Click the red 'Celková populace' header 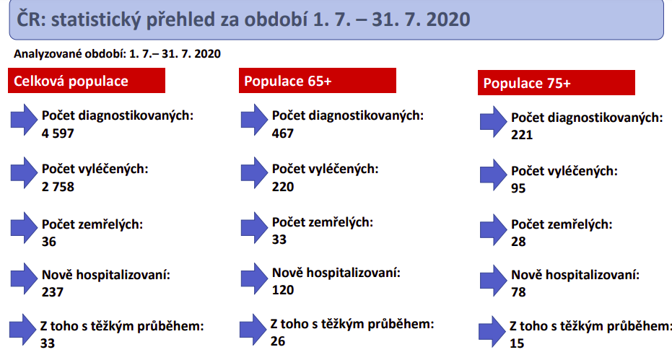[86, 81]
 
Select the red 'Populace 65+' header [317, 81]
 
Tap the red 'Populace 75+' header [557, 83]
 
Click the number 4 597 [58, 133]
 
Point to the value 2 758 [58, 187]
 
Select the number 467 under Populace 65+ [283, 133]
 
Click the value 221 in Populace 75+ [522, 135]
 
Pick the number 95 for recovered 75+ [518, 188]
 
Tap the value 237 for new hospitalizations [52, 292]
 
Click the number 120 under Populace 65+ [283, 290]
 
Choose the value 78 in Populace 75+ [518, 292]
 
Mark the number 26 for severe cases [278, 341]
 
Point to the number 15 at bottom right [517, 343]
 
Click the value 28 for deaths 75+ [518, 241]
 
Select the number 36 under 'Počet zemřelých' [49, 241]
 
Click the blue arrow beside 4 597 [24, 120]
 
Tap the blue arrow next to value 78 [493, 281]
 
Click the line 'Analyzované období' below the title [117, 54]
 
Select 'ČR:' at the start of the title [31, 19]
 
